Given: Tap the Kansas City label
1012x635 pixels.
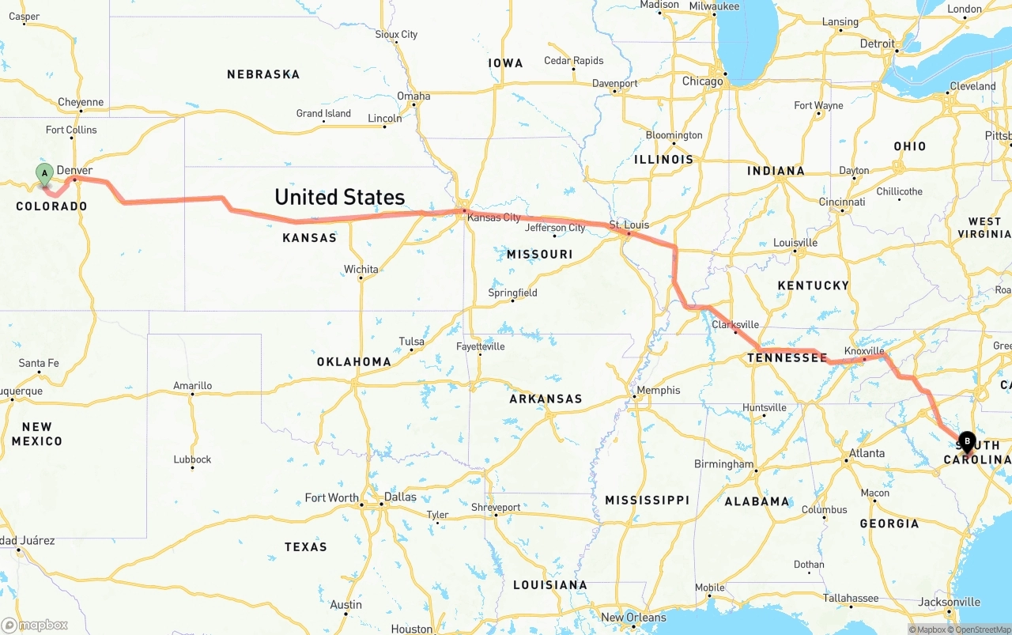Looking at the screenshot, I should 493,217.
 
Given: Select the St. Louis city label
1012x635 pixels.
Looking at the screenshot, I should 629,225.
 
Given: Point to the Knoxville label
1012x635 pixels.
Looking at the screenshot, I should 864,351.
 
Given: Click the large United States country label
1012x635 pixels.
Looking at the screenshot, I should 339,197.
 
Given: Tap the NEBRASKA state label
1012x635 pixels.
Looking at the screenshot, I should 263,74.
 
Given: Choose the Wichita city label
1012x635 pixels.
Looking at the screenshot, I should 361,270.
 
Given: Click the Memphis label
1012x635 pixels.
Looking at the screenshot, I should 658,390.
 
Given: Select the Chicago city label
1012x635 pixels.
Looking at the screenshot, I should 702,81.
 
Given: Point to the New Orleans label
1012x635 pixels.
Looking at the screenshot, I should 634,618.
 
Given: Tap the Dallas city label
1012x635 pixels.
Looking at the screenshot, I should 400,497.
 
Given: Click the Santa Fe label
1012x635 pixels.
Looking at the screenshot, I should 39,363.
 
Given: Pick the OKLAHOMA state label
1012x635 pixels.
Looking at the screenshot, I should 354,361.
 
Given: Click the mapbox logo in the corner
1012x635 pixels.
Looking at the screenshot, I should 35,625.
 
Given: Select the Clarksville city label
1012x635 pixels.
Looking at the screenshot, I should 735,324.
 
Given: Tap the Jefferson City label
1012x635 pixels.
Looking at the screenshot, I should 555,228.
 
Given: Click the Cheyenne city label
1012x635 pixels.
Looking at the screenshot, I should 81,102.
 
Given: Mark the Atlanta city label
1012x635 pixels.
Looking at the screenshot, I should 867,453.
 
